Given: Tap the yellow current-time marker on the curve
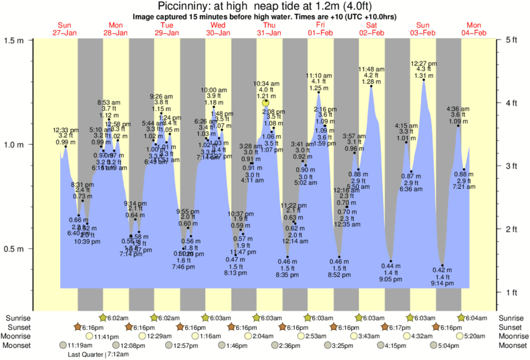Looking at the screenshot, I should click(265, 103).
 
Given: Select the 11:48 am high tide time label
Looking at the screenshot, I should click(372, 69).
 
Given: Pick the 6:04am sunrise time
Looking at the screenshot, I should click(477, 317).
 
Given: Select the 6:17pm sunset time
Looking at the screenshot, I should click(400, 327).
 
